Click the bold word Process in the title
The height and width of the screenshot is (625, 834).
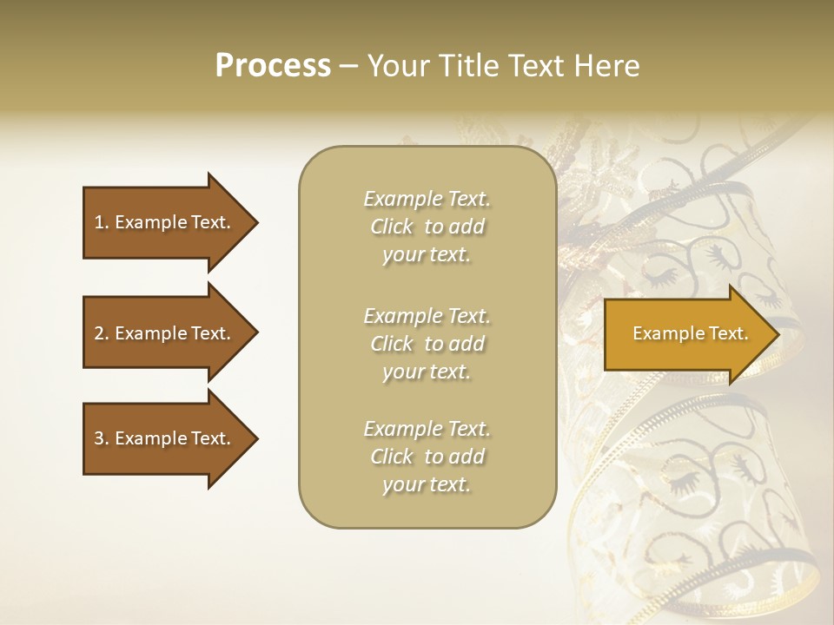pyautogui.click(x=273, y=66)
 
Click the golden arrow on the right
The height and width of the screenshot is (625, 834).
pyautogui.click(x=686, y=333)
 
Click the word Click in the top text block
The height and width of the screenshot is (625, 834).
pyautogui.click(x=392, y=227)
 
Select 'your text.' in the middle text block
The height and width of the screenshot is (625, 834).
pyautogui.click(x=427, y=372)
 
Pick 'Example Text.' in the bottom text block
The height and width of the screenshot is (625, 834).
pyautogui.click(x=427, y=429)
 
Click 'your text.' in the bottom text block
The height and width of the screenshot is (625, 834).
pyautogui.click(x=427, y=484)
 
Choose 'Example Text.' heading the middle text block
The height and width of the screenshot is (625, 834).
pyautogui.click(x=427, y=316)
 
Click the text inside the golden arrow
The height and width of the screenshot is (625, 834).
pyautogui.click(x=690, y=333)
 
